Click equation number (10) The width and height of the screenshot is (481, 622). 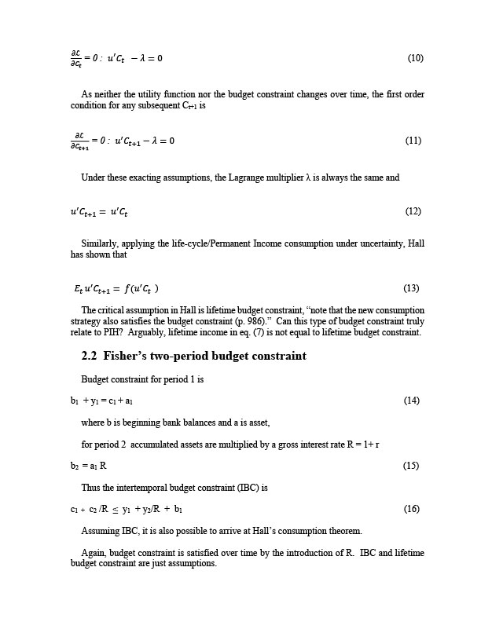[x=416, y=58]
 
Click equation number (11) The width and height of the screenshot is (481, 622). [x=413, y=141]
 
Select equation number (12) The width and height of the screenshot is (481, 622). [x=413, y=211]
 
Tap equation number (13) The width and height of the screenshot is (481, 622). [x=411, y=287]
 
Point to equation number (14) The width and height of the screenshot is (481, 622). [x=411, y=401]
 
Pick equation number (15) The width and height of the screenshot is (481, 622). [x=411, y=466]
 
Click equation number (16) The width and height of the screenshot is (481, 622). [x=411, y=509]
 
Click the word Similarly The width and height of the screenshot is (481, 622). [x=100, y=244]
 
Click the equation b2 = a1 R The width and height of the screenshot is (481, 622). [x=89, y=466]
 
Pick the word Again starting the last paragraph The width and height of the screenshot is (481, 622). [x=94, y=552]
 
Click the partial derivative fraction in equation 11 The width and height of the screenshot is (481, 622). [x=79, y=141]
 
